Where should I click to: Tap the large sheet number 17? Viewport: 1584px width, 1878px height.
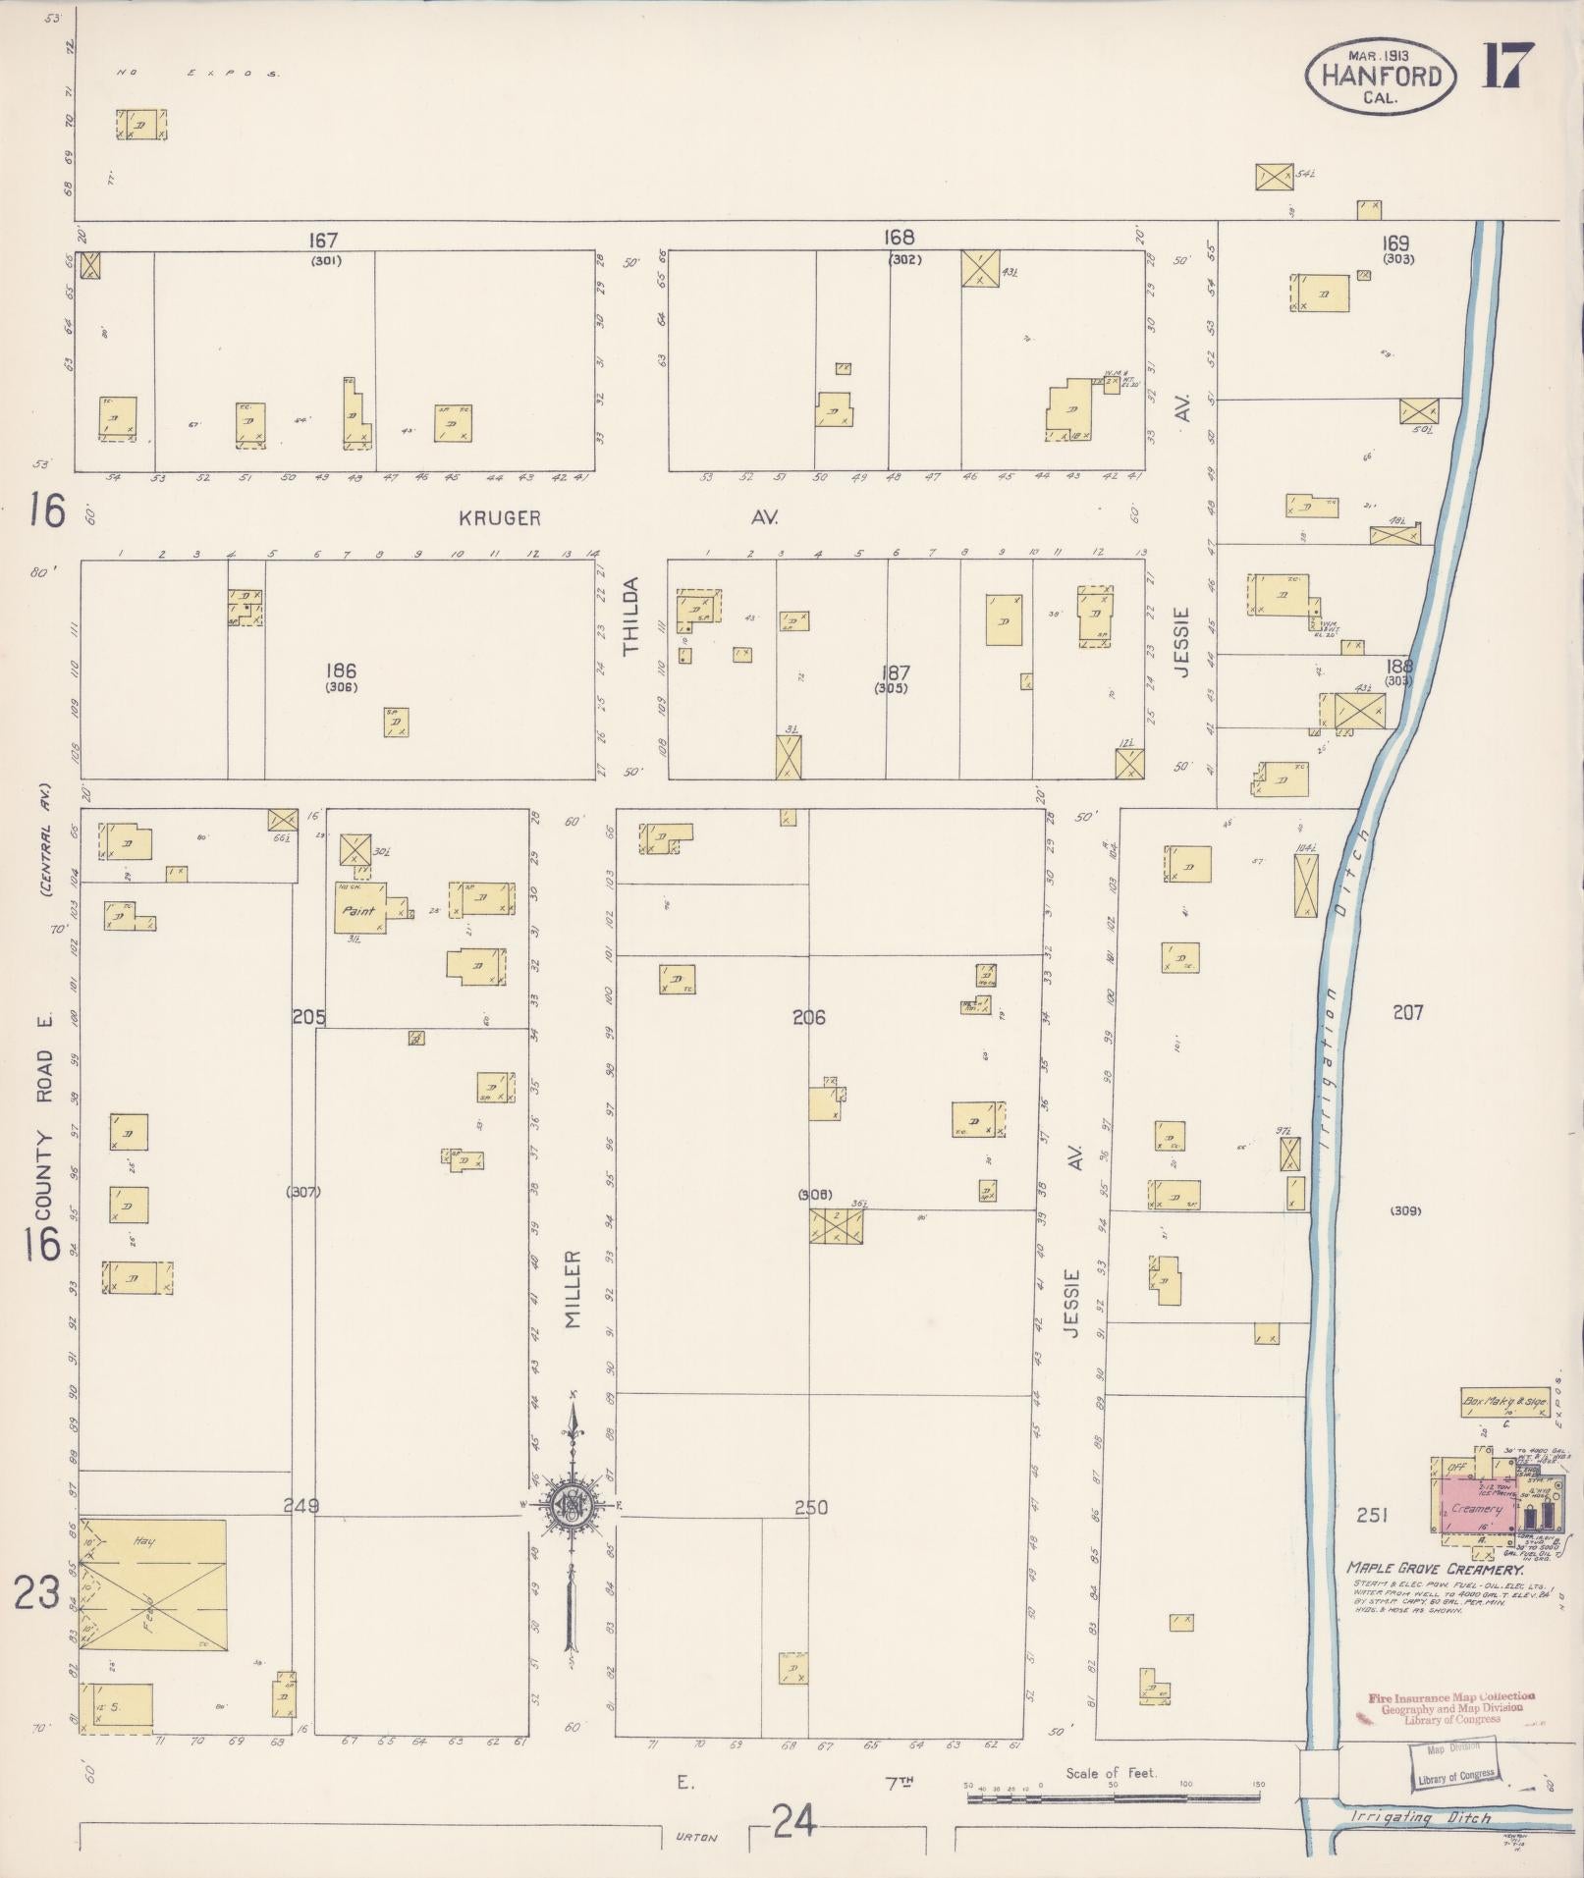1507,67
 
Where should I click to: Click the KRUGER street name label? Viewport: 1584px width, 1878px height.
500,518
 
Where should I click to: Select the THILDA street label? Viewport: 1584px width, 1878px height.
630,617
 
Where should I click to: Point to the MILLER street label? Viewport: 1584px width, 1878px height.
574,1289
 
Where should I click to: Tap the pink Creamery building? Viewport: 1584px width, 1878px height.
1476,1509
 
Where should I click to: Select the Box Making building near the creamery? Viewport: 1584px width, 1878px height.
1503,1402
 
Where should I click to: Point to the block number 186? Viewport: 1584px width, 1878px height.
340,671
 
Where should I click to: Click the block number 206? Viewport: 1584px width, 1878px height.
809,1018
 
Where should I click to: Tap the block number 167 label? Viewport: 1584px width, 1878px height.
322,240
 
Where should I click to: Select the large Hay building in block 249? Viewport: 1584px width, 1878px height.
153,1584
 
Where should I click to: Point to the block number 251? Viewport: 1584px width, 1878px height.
1371,1516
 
